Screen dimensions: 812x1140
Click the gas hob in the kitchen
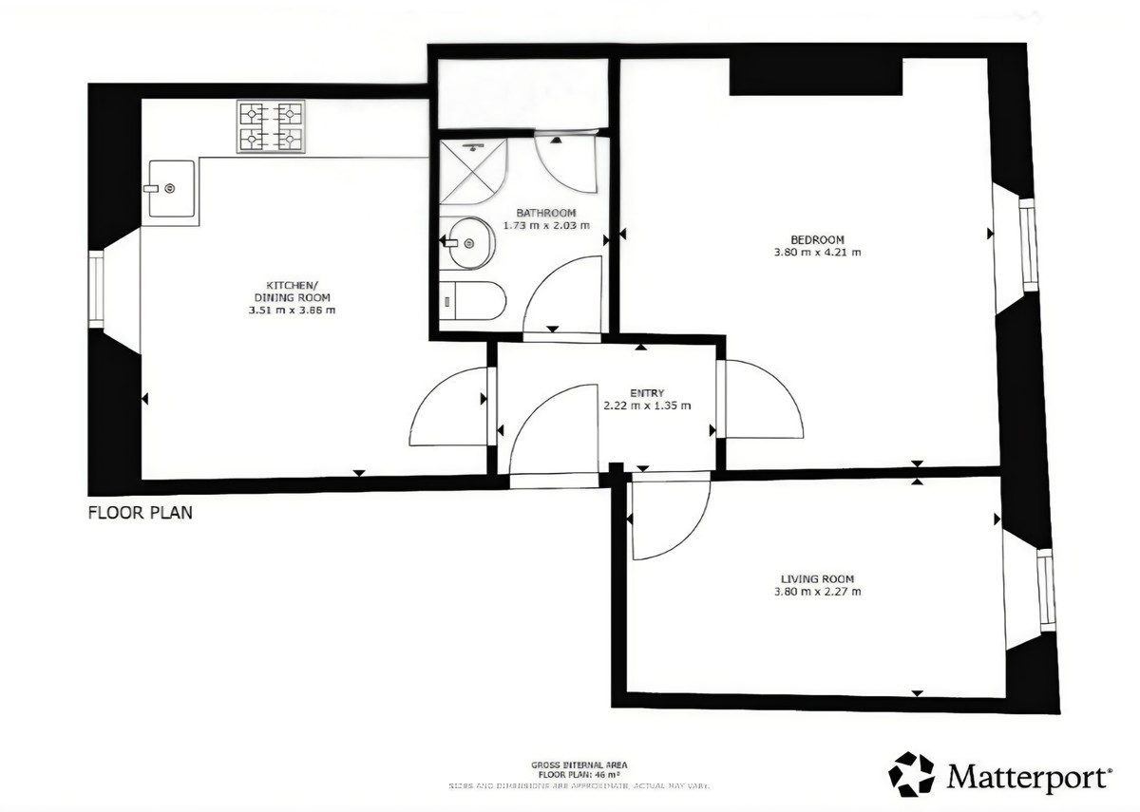point(271,127)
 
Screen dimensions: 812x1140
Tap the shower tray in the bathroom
point(473,170)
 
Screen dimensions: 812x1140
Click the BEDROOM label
point(817,239)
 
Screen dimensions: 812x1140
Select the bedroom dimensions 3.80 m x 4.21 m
point(817,253)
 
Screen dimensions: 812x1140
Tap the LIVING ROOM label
point(817,579)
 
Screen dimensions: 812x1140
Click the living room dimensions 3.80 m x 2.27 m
point(817,593)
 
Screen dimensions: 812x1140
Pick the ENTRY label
point(646,392)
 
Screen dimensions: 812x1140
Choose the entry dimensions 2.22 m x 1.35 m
point(646,406)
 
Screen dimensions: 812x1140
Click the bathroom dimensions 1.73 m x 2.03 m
point(545,226)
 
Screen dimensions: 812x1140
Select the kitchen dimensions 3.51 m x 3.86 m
point(292,310)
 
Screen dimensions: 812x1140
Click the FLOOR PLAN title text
point(141,513)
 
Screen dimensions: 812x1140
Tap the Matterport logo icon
point(911,774)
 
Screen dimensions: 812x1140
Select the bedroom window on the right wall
point(1028,242)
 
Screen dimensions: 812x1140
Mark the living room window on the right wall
point(1046,590)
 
